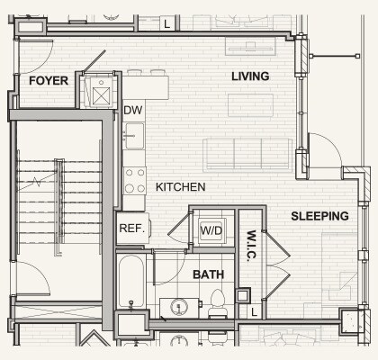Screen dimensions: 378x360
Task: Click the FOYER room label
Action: pyautogui.click(x=49, y=81)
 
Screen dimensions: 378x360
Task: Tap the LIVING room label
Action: pyautogui.click(x=250, y=76)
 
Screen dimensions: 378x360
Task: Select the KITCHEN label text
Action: pyautogui.click(x=181, y=187)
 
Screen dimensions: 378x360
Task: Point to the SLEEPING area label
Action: pyautogui.click(x=319, y=216)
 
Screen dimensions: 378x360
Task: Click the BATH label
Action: pyautogui.click(x=208, y=274)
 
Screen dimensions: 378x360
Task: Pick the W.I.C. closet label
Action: pyautogui.click(x=251, y=246)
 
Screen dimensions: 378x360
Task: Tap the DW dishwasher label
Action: pyautogui.click(x=133, y=110)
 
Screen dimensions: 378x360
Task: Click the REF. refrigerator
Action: pyautogui.click(x=133, y=228)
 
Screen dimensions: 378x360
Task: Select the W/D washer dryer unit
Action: pyautogui.click(x=211, y=230)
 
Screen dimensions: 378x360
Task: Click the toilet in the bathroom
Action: pyautogui.click(x=218, y=303)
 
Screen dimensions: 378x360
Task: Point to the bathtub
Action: pyautogui.click(x=130, y=281)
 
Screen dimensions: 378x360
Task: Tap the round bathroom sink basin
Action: pyautogui.click(x=179, y=307)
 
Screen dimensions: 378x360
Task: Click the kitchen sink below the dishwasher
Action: pyautogui.click(x=134, y=136)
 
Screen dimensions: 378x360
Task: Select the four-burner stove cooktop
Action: pyautogui.click(x=135, y=181)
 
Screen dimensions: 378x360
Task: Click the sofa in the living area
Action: pyautogui.click(x=247, y=155)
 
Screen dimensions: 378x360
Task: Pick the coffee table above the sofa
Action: pyautogui.click(x=251, y=105)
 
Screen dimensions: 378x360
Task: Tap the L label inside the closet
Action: pyautogui.click(x=255, y=312)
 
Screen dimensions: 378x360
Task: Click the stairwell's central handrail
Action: pyautogui.click(x=59, y=207)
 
